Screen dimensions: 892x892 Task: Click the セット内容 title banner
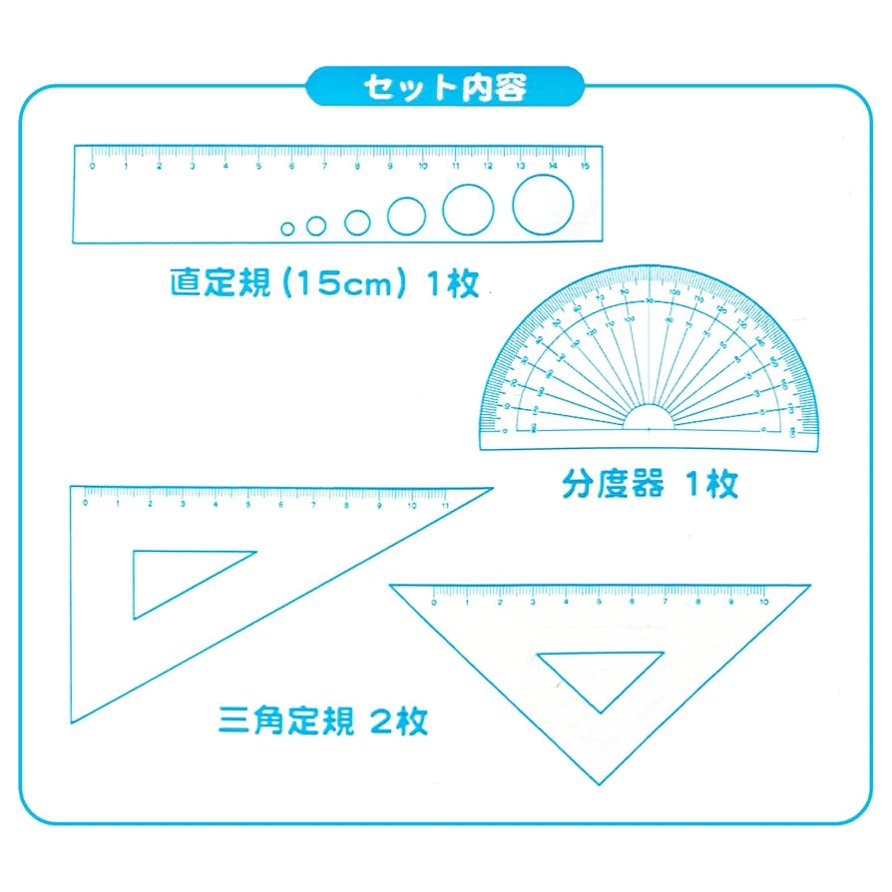point(445,88)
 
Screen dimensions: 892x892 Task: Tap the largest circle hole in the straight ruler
point(543,205)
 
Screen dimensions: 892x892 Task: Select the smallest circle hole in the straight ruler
point(287,228)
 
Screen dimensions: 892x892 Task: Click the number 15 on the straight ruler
point(585,166)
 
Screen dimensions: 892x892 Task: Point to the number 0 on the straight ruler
point(93,166)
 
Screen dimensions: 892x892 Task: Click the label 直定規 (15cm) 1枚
point(324,283)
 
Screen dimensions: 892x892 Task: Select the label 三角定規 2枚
point(323,719)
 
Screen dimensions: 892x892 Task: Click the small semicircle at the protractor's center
point(649,419)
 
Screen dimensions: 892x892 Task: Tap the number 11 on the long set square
point(444,504)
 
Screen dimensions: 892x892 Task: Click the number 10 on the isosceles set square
point(763,603)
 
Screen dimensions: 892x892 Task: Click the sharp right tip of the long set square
point(491,489)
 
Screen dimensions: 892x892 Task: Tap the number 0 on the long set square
point(86,504)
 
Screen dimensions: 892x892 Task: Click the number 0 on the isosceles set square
point(435,603)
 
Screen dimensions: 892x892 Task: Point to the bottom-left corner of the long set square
point(71,720)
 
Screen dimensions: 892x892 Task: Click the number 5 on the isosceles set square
point(599,603)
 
